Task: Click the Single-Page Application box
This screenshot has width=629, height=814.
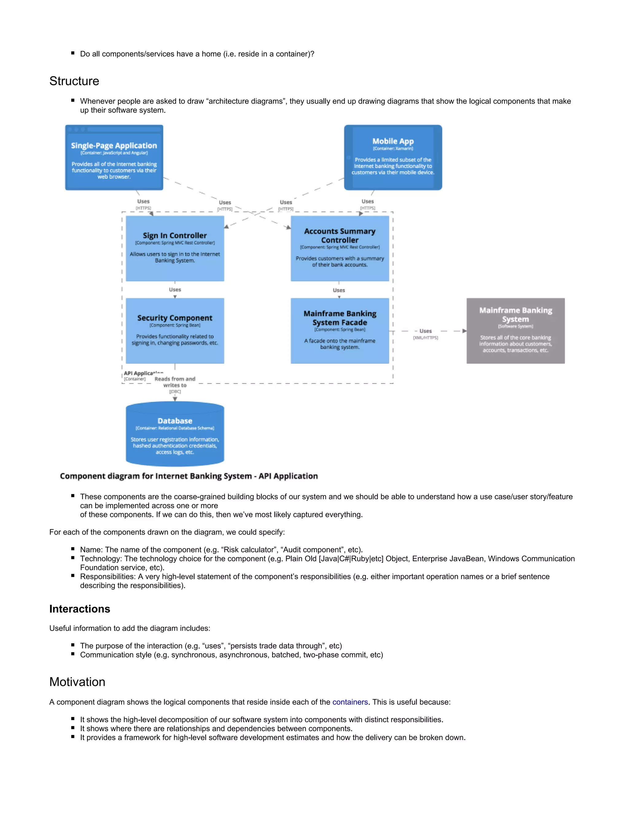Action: coord(114,158)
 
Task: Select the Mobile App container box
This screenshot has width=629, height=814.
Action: coord(393,158)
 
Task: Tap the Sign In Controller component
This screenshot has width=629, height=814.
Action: coord(175,248)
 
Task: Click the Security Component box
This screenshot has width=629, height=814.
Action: coord(175,331)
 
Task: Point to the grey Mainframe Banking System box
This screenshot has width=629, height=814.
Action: coord(515,331)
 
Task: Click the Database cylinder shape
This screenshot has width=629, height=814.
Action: coord(175,434)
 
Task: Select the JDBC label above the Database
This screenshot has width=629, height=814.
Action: coord(175,392)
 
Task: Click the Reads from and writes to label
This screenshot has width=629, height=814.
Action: coord(175,382)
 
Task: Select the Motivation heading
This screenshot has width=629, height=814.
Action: coord(77,682)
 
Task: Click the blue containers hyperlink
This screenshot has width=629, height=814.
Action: coord(350,702)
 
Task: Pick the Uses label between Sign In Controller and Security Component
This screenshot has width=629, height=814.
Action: coord(175,290)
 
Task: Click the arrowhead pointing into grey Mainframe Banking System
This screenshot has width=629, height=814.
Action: coord(464,331)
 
